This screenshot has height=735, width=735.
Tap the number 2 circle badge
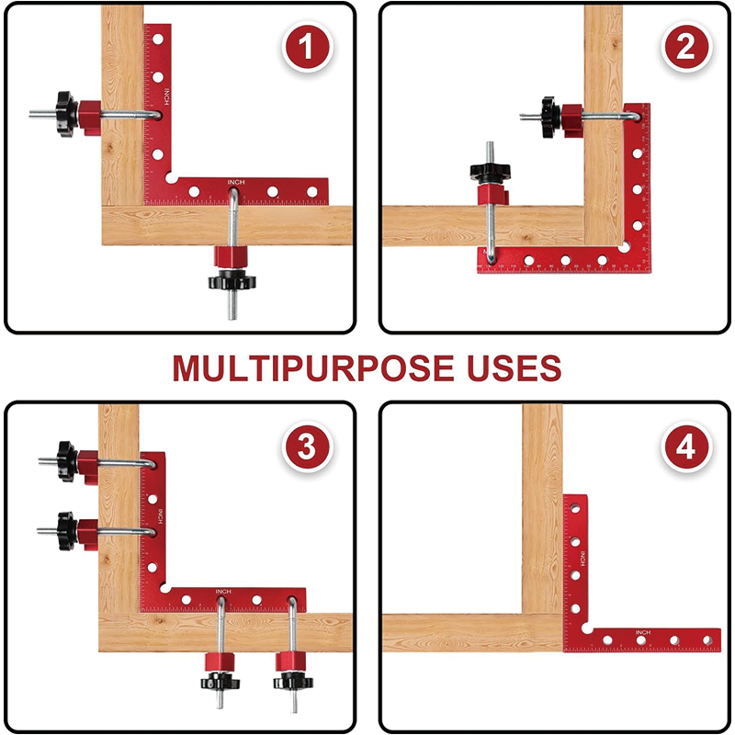click(684, 48)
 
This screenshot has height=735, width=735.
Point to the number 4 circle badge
click(685, 447)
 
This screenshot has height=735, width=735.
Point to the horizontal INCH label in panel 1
click(236, 183)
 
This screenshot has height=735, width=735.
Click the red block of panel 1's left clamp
click(90, 116)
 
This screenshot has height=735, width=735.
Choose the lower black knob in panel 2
click(492, 171)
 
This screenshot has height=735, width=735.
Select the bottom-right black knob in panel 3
click(291, 682)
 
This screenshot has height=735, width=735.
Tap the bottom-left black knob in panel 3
click(220, 682)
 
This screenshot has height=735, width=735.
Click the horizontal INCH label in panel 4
click(642, 632)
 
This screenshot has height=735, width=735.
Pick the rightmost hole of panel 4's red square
click(708, 639)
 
